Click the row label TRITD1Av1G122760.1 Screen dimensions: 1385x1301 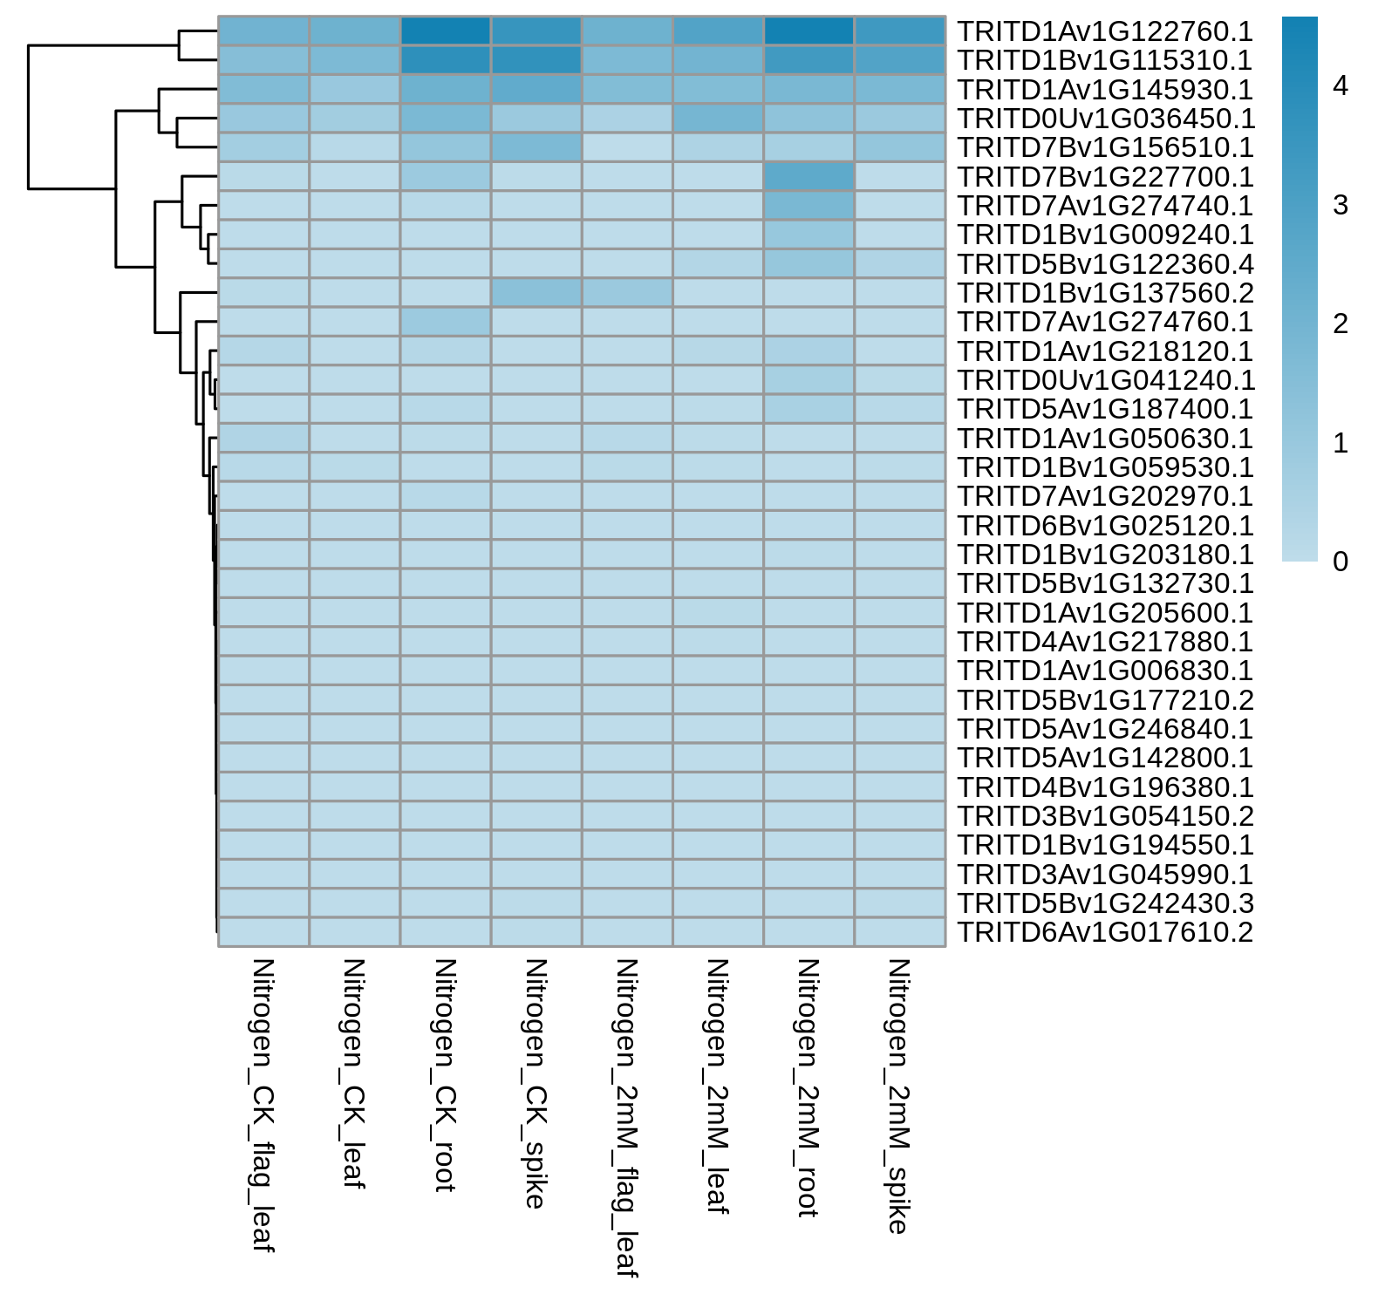coord(1105,31)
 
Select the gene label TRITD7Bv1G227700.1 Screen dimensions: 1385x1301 coord(1105,177)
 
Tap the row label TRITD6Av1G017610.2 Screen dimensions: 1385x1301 coord(1105,932)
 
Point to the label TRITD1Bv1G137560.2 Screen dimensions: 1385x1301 coord(1105,293)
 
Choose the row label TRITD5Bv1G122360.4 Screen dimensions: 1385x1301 coord(1105,264)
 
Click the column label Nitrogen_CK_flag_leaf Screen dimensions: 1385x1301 coord(263,1105)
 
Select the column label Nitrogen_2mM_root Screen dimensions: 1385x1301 coord(808,1087)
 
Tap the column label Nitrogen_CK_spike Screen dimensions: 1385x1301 coord(536,1083)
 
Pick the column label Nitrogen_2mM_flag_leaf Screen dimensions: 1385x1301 coord(627,1118)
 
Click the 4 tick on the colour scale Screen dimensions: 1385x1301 coord(1341,85)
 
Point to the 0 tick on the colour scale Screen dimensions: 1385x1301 coord(1341,562)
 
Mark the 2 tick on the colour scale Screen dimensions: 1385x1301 coord(1341,324)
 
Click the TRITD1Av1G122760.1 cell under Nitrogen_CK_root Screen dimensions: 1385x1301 coord(446,31)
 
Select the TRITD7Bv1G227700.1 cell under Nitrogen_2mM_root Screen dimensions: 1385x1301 coord(808,176)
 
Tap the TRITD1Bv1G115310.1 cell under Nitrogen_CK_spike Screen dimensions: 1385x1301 coord(536,60)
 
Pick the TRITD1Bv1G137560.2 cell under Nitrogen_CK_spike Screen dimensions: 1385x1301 coord(536,292)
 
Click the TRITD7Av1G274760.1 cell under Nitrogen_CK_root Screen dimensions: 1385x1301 coord(446,322)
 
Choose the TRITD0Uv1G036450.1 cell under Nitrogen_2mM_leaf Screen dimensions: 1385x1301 coord(718,119)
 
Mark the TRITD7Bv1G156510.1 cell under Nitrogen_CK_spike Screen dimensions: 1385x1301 coord(536,147)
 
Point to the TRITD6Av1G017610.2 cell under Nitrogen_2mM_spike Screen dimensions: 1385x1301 coord(900,931)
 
